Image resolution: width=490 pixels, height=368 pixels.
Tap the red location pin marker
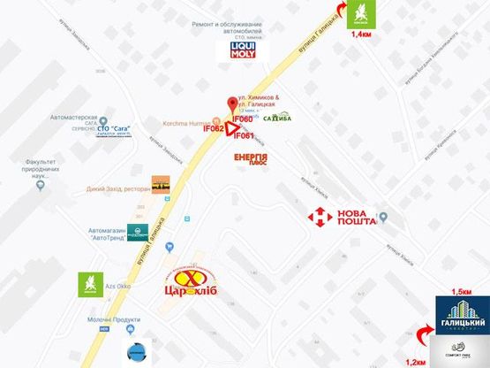(232, 103)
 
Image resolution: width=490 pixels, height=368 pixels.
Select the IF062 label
(215, 128)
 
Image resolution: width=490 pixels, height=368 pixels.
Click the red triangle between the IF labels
(230, 129)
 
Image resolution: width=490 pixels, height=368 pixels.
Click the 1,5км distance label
(461, 291)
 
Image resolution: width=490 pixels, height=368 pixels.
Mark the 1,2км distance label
(415, 361)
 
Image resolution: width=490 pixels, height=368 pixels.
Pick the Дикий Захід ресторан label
(118, 188)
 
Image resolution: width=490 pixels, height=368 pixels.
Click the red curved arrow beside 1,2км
(424, 338)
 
